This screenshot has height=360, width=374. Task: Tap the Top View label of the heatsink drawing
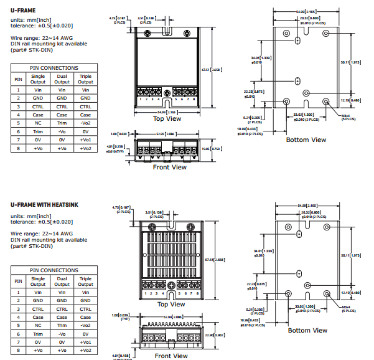[x=171, y=304]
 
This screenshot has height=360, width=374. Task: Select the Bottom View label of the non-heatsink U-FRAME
[x=306, y=140]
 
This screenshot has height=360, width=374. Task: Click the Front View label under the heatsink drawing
[x=171, y=356]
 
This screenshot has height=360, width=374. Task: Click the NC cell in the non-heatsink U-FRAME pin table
[x=38, y=123]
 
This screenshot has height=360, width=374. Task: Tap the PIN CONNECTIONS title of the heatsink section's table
[x=54, y=270]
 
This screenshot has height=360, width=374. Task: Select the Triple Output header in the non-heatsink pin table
[x=85, y=79]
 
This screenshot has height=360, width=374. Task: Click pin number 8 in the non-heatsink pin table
[x=18, y=148]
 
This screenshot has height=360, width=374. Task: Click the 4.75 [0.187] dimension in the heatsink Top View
[x=120, y=208]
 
